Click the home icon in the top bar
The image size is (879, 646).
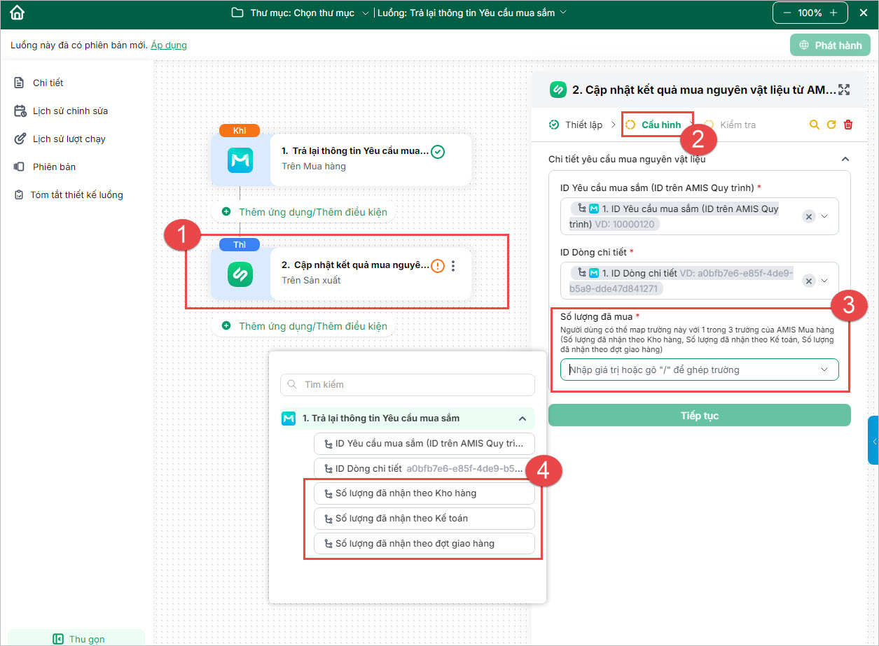(17, 13)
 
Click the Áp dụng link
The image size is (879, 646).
(169, 45)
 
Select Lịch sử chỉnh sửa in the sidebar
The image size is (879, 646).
(70, 111)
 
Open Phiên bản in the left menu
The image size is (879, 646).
(54, 167)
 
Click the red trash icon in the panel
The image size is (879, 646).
(848, 125)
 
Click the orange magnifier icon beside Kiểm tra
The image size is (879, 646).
(815, 125)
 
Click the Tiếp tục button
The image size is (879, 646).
(699, 415)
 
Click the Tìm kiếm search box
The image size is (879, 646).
(408, 384)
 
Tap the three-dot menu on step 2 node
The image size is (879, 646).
(453, 266)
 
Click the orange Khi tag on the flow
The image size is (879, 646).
(240, 131)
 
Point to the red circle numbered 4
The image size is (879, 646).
(543, 470)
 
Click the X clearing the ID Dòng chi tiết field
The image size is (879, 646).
(809, 281)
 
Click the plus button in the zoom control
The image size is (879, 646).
(833, 13)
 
